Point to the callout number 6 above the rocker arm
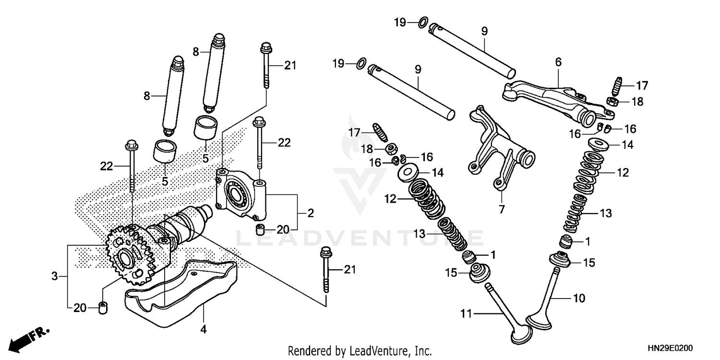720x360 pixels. coord(558,62)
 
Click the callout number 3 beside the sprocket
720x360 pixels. coord(54,276)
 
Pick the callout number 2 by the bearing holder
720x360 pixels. coord(311,213)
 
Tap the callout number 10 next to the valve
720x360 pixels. coord(579,298)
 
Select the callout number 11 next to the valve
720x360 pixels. coord(467,314)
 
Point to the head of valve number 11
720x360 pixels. coord(521,334)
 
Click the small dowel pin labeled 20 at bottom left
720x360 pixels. coord(102,307)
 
